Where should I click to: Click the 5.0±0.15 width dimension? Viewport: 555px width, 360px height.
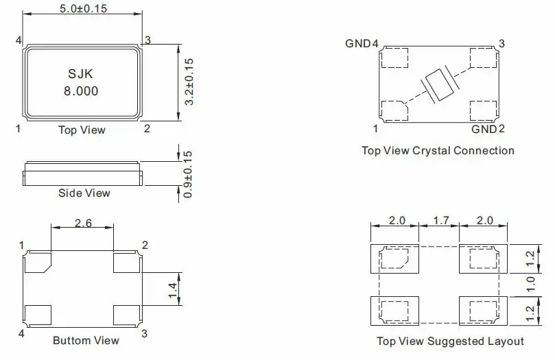82,9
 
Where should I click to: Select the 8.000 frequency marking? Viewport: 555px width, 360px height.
81,91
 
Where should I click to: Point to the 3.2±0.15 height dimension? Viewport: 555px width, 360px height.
190,81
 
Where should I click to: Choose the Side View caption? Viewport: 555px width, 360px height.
84,193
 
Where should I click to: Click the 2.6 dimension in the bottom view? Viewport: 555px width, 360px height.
83,223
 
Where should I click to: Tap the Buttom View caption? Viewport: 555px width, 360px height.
86,340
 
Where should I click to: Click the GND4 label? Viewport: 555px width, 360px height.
362,44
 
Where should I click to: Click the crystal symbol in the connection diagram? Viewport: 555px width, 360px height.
437,86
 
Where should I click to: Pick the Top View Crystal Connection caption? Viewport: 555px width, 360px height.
438,150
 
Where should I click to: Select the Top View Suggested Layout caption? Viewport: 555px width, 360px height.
450,341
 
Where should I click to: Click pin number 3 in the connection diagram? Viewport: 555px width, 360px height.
501,44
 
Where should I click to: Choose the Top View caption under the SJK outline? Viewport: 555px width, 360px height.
82,130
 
